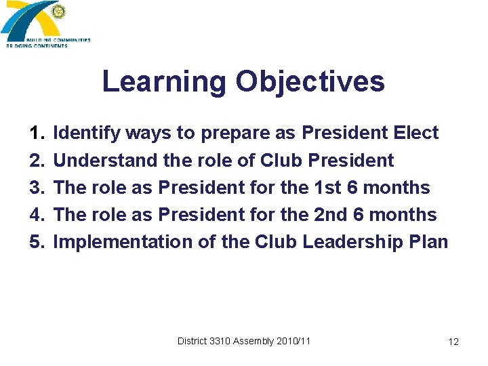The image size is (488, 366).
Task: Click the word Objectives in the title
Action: (x=310, y=83)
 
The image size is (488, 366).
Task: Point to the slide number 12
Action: (x=453, y=342)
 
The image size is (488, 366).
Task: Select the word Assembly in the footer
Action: (x=253, y=341)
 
